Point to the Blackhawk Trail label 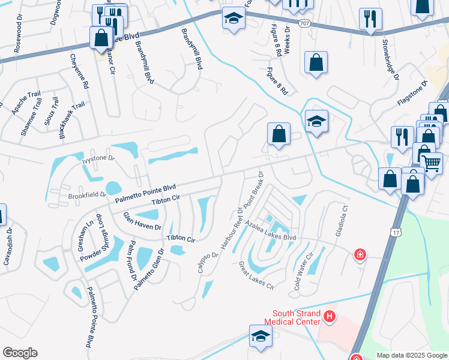tap(71, 121)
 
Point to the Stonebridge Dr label tap(390, 61)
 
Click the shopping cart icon tap(432, 162)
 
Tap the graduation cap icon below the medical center tap(261, 336)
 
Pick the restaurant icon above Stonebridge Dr tap(370, 19)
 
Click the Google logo tap(20, 353)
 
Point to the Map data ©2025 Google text tap(411, 355)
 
